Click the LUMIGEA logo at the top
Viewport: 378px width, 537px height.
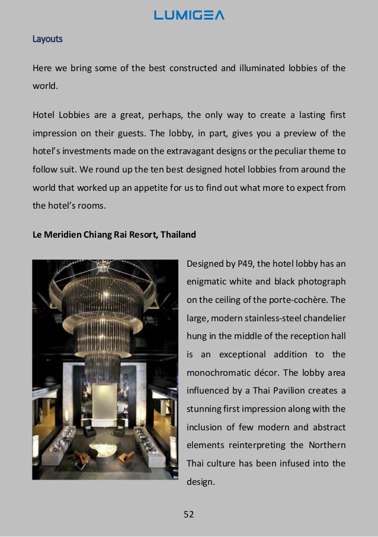pos(189,15)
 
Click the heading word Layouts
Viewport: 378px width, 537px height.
pos(47,39)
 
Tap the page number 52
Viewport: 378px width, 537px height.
pos(189,514)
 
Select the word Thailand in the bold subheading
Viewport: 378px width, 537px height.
pos(176,235)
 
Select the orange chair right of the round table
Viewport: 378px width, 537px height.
pos(126,458)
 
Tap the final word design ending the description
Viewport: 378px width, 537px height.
pos(200,482)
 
